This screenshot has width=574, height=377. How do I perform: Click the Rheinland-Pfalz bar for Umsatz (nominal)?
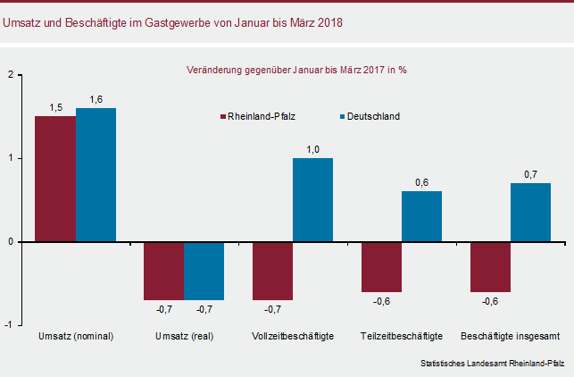coord(55,179)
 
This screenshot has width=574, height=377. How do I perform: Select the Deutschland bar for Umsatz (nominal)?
coord(96,175)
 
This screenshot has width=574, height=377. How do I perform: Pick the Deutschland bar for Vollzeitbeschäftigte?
coord(313,200)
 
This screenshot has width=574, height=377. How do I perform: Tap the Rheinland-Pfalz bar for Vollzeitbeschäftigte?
coord(273,271)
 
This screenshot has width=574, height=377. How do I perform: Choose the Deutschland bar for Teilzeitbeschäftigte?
coord(421,216)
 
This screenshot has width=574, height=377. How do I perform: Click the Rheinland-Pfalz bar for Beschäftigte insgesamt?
coord(491,267)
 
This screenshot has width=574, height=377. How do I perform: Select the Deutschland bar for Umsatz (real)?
coord(204,271)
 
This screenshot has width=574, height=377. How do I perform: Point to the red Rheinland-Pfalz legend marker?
coord(222,117)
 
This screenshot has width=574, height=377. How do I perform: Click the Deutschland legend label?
coord(373,116)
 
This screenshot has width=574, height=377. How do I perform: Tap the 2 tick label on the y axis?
coord(11,75)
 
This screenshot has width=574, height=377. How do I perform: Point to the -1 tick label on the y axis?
coord(8,325)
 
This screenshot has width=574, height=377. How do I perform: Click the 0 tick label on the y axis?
coord(11,242)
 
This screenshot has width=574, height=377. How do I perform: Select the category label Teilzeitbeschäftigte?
coord(402,336)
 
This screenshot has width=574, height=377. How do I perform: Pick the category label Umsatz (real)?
coord(185,336)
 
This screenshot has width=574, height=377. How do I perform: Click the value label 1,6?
coord(96,100)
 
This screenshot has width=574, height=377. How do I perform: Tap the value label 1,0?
coord(313,150)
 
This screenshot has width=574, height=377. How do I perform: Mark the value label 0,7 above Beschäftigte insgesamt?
coord(531,175)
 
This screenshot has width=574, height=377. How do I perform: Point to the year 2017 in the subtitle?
coord(374,70)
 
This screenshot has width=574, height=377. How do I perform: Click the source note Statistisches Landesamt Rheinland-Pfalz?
coord(493,364)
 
